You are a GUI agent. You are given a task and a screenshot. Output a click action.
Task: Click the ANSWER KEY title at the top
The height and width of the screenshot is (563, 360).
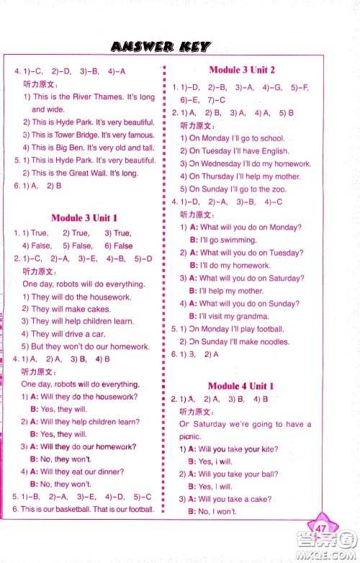tap(161, 48)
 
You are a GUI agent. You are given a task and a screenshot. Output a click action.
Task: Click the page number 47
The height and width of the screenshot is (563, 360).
tap(321, 531)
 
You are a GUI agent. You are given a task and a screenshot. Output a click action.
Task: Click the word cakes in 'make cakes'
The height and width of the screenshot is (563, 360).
tap(99, 309)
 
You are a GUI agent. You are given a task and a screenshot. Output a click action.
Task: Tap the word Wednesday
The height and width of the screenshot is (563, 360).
tap(223, 163)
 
